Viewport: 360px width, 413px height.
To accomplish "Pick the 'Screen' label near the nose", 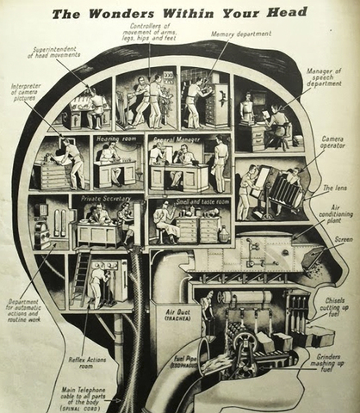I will click(x=343, y=240).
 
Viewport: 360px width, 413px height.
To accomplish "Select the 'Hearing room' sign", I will click(x=112, y=138).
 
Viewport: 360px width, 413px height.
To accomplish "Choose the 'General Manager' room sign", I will click(x=176, y=138).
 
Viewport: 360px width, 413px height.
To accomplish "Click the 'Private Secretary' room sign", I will click(x=102, y=199).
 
